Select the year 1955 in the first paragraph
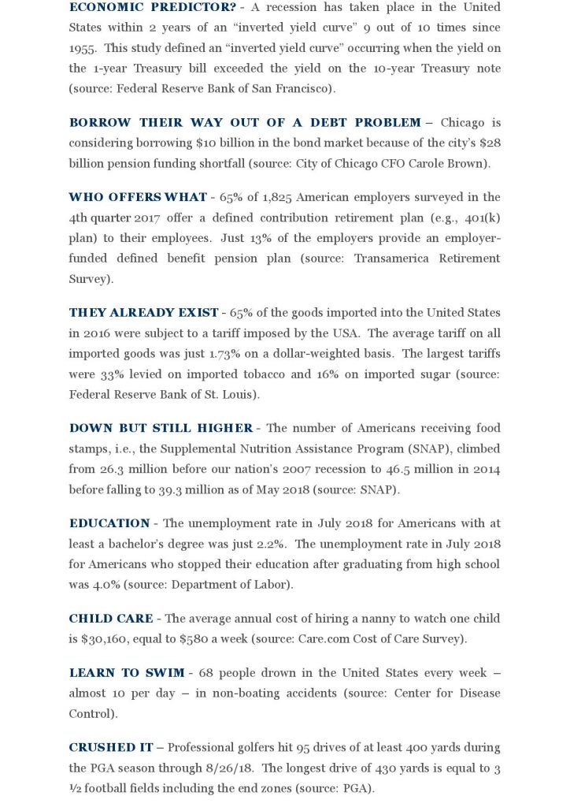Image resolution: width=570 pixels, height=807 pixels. [x=83, y=48]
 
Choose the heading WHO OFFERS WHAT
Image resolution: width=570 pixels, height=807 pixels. [x=138, y=196]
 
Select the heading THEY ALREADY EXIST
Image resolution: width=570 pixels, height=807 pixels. [x=143, y=312]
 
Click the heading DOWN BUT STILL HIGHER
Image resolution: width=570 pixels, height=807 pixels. [x=161, y=428]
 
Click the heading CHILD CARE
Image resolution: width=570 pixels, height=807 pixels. [x=111, y=618]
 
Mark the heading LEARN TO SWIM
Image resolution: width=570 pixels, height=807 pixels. [x=126, y=672]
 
